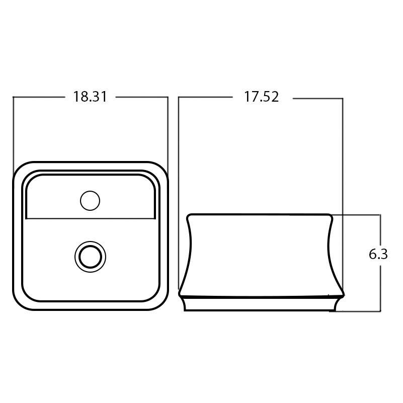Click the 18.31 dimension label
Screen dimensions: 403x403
pyautogui.click(x=90, y=97)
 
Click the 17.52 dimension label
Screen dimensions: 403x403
pyautogui.click(x=261, y=97)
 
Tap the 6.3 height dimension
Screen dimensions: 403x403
pyautogui.click(x=378, y=254)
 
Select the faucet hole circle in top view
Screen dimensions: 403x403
pyautogui.click(x=90, y=201)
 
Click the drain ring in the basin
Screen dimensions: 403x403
pyautogui.click(x=90, y=257)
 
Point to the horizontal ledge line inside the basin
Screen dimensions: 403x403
pyautogui.click(x=90, y=219)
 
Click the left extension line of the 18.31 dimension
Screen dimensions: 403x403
pyautogui.click(x=13, y=131)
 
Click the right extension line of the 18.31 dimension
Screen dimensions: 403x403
pyautogui.click(x=168, y=131)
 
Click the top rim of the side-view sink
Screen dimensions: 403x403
pyautogui.click(x=261, y=215)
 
